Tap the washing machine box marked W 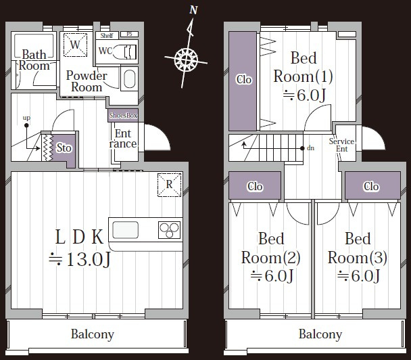coord(75,45)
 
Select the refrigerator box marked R coord(169,185)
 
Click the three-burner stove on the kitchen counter coord(169,230)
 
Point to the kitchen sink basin coord(125,230)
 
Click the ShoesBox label coord(123,116)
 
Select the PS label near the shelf coord(129,34)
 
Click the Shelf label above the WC coord(107,35)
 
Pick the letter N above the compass coord(193,10)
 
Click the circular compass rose coord(186,60)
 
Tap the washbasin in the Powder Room coord(129,78)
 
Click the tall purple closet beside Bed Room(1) coord(243,81)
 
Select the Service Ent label coord(341,145)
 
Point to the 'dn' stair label coord(310,148)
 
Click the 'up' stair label coord(26,118)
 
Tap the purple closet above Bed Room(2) coord(255,186)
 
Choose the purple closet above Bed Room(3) coord(372,186)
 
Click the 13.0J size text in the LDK coord(80,259)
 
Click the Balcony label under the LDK coord(93,334)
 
